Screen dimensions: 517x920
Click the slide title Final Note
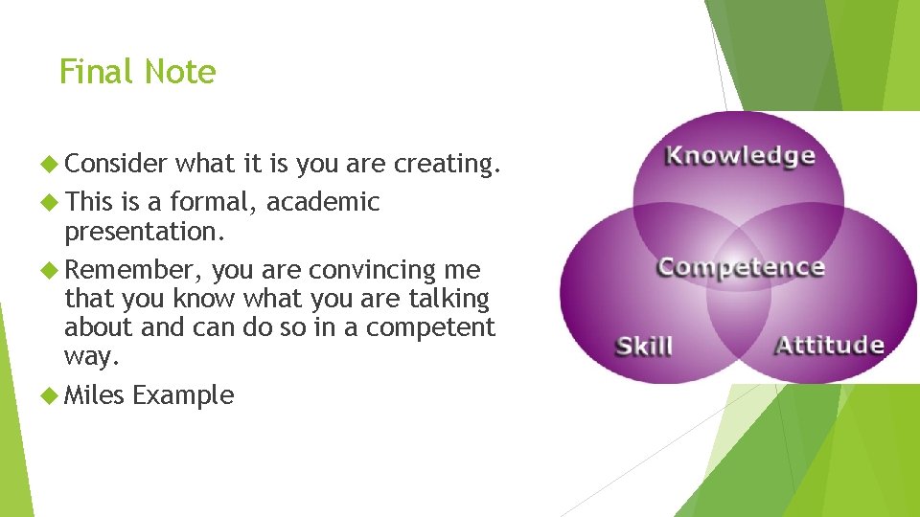tap(137, 72)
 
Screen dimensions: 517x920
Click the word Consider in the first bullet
tap(117, 164)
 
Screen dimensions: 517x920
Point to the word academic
tap(323, 202)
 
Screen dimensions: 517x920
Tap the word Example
tap(183, 395)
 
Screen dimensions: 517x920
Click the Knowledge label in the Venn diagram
tap(740, 155)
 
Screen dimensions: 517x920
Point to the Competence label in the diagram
tap(740, 267)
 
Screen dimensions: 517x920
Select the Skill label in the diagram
tap(643, 346)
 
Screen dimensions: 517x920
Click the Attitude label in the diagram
tap(829, 345)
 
